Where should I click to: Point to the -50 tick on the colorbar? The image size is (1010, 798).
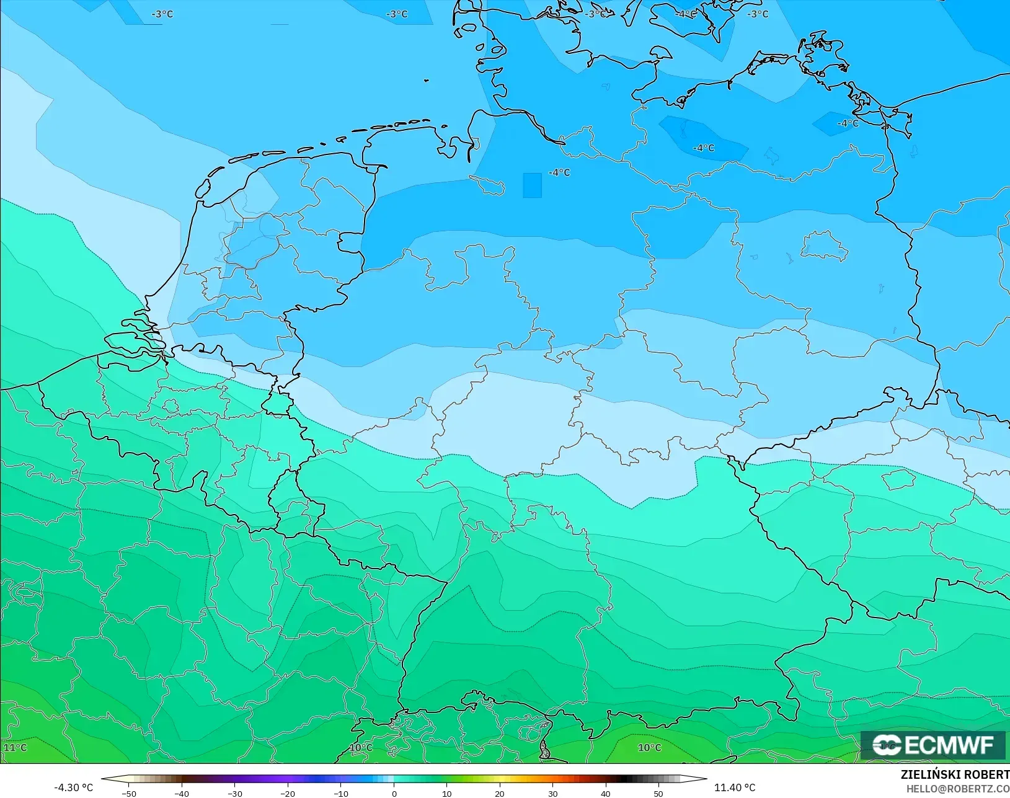tap(129, 793)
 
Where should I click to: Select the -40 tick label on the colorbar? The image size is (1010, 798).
tap(182, 793)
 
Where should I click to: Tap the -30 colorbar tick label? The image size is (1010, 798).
tap(234, 793)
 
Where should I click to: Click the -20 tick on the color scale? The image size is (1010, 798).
tap(288, 793)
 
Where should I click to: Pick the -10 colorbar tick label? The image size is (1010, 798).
tap(340, 793)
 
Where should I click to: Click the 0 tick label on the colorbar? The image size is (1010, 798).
tap(394, 793)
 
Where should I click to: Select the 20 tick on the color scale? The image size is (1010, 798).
tap(500, 793)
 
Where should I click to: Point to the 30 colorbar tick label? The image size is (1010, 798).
tap(552, 793)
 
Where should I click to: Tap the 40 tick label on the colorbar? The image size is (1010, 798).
tap(605, 793)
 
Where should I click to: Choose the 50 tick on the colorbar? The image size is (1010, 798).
tap(658, 793)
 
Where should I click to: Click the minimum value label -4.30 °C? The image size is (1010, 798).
tap(73, 787)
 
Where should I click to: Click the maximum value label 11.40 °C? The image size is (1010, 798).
tap(735, 787)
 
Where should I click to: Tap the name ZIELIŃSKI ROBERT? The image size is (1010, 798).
tap(955, 775)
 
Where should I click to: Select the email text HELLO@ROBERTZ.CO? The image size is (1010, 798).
tap(958, 789)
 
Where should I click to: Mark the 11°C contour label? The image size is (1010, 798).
tap(16, 747)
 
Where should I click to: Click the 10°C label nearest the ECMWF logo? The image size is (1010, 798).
tap(649, 747)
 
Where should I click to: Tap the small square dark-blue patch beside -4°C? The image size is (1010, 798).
tap(532, 185)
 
